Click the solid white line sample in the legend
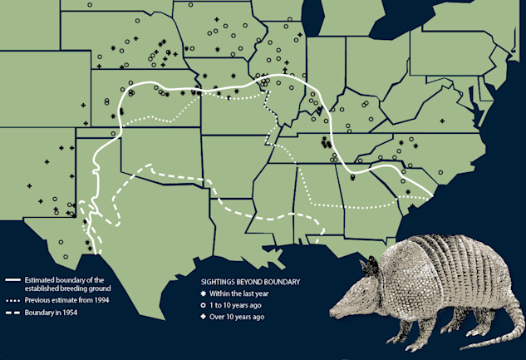coord(12,280)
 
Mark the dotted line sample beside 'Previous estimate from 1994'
coord(12,299)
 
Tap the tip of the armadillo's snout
coord(332,313)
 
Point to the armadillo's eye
coord(363,288)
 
